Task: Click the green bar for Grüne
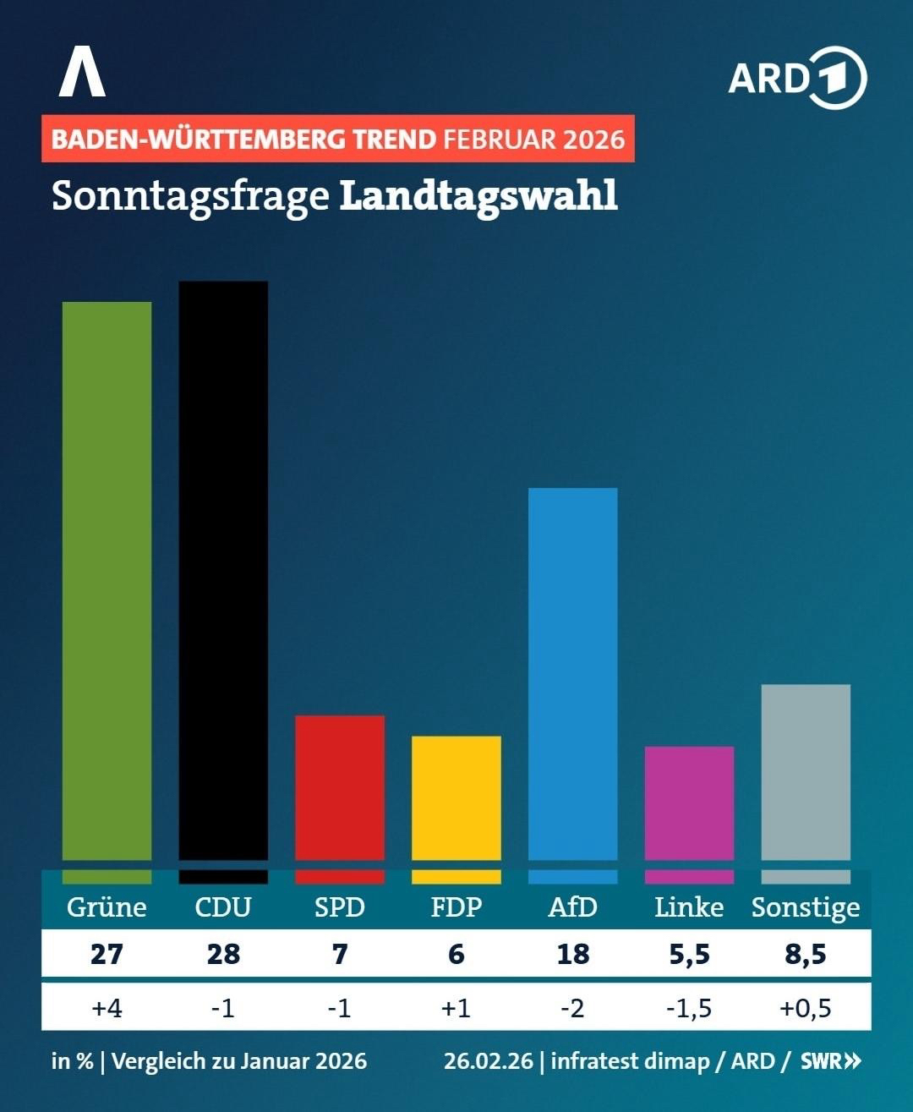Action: pyautogui.click(x=107, y=583)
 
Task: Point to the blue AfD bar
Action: pyautogui.click(x=573, y=677)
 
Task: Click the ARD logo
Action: pyautogui.click(x=797, y=79)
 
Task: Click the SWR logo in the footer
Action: pyautogui.click(x=830, y=1060)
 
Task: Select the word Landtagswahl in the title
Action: pyautogui.click(x=478, y=195)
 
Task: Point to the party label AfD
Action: pyautogui.click(x=573, y=907)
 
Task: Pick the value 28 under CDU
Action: pyautogui.click(x=223, y=955)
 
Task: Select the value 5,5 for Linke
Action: pyautogui.click(x=689, y=955)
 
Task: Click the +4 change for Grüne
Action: pyautogui.click(x=107, y=1008)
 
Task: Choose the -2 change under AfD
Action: pyautogui.click(x=573, y=1008)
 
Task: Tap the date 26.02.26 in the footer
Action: pyautogui.click(x=489, y=1060)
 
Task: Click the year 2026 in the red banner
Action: pyautogui.click(x=593, y=139)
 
